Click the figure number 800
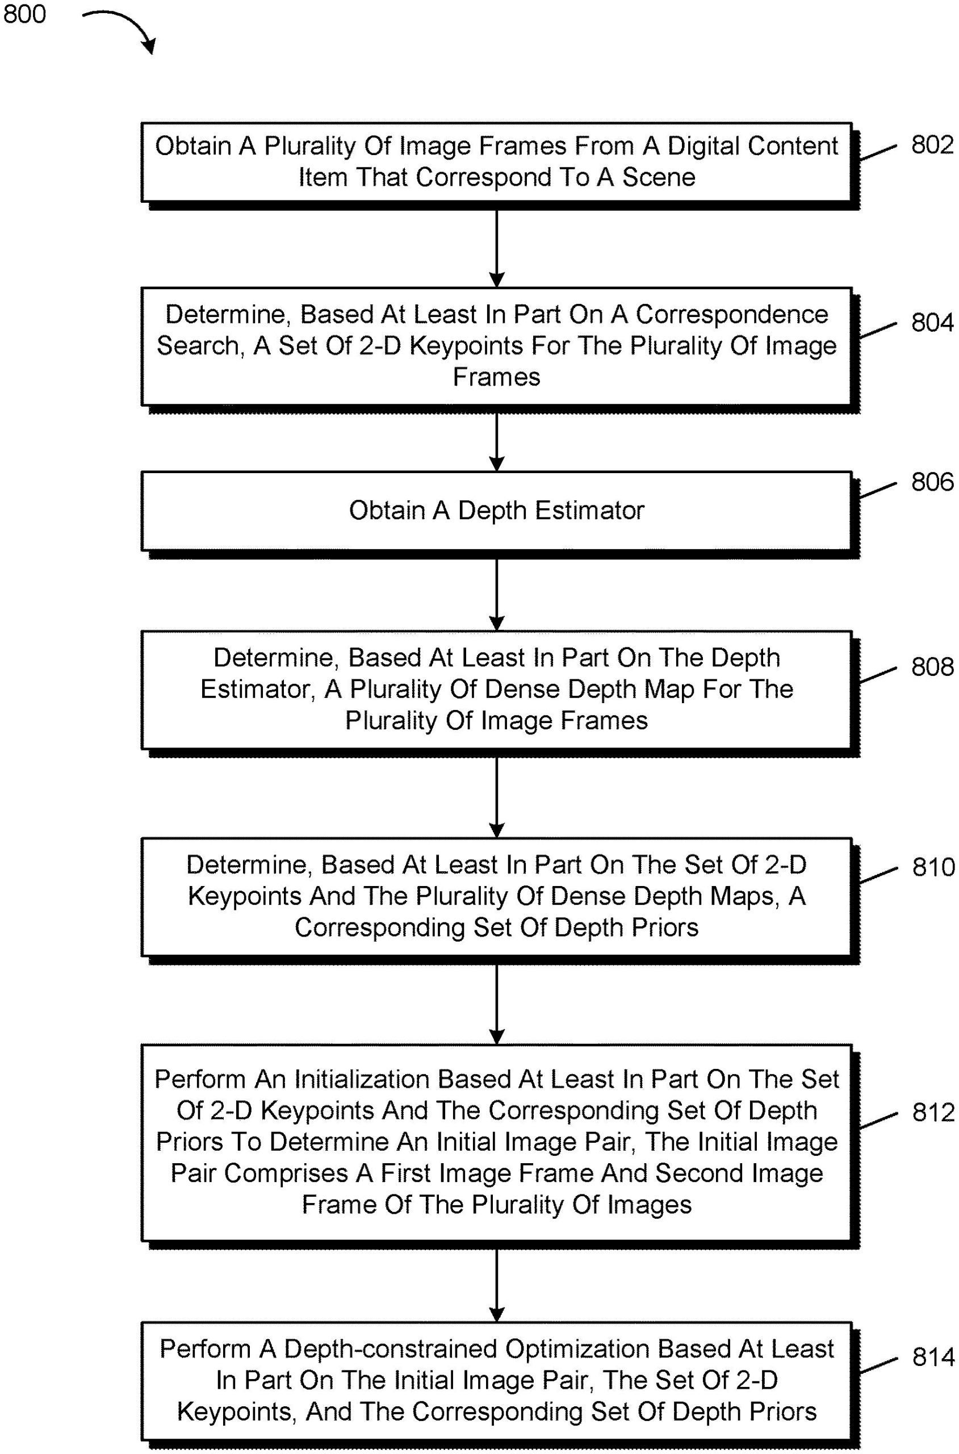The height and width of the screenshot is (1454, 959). coord(24,14)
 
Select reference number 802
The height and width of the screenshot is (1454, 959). coord(932,145)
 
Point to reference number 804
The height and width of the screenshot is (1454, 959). coord(932,323)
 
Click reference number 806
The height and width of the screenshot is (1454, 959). coord(932,482)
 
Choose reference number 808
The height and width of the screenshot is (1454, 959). coord(932,666)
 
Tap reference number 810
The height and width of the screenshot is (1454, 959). coord(933,867)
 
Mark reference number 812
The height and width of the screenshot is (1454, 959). coord(933,1112)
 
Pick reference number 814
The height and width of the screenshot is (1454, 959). coord(933,1357)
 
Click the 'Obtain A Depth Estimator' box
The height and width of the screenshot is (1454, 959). coord(496,511)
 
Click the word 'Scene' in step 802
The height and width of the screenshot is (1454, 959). coord(659,177)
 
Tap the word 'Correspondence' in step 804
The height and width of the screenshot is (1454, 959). coord(732,315)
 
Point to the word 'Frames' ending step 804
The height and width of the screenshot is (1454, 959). coord(497,377)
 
